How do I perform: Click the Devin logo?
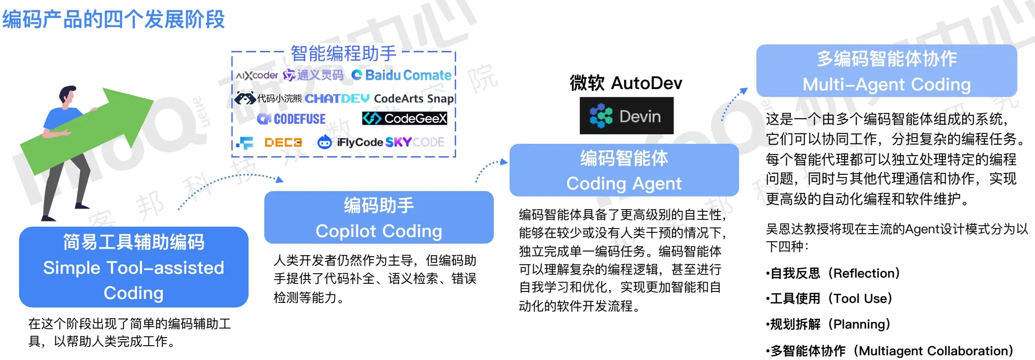(x=626, y=116)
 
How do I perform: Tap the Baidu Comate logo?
(x=401, y=75)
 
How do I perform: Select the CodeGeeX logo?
(x=405, y=118)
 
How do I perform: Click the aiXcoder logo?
(x=257, y=75)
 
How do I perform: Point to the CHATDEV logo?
(x=337, y=99)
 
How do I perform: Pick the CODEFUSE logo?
(x=291, y=119)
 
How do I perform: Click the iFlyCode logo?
(x=350, y=142)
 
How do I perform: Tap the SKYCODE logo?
(x=415, y=142)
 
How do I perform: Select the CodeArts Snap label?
(x=414, y=99)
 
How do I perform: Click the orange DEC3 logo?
(x=283, y=142)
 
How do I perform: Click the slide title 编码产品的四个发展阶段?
(x=113, y=20)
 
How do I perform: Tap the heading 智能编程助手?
(x=343, y=53)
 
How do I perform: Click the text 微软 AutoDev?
(x=626, y=83)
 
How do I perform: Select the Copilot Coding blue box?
(x=379, y=218)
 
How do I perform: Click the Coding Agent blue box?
(x=624, y=170)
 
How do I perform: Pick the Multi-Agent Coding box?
(x=886, y=71)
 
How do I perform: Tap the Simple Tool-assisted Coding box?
(x=134, y=267)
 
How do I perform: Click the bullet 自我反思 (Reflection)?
(x=833, y=273)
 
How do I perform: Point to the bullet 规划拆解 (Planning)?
(x=828, y=324)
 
